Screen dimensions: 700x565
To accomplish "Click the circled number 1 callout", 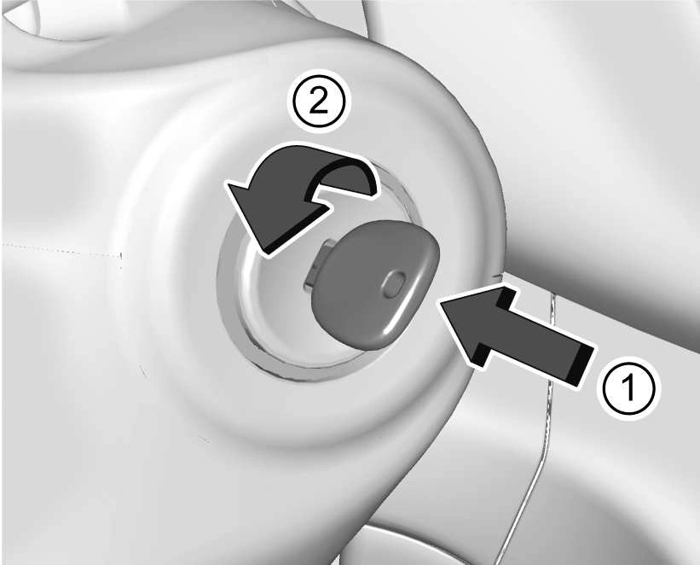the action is coord(628,387).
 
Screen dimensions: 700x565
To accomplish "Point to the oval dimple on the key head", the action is coord(393,285).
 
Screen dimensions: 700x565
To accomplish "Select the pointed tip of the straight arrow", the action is coord(442,302).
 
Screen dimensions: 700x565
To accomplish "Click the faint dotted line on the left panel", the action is coord(62,250).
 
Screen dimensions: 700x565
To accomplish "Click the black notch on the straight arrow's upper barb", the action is coord(506,297).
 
